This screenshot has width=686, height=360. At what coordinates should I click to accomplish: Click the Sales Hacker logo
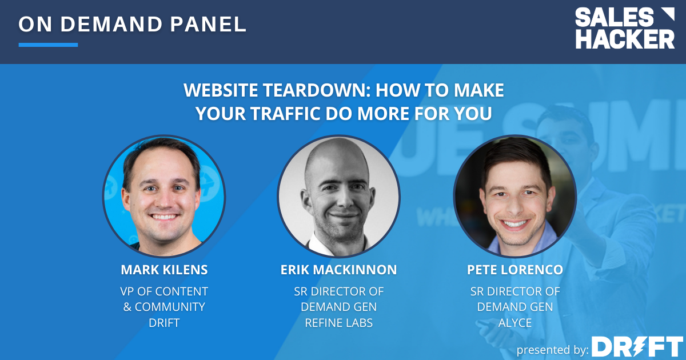tap(625, 28)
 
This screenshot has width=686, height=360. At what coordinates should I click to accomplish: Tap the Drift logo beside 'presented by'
tap(637, 346)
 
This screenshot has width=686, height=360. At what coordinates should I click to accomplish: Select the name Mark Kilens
tap(164, 270)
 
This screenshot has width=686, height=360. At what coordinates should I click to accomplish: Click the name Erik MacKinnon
tap(338, 270)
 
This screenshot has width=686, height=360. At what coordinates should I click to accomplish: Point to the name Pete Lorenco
tap(515, 270)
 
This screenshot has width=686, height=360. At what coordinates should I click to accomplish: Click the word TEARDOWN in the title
tap(317, 90)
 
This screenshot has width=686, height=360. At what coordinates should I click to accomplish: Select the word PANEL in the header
tap(208, 24)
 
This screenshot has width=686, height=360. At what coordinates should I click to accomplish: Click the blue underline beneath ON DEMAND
tap(48, 45)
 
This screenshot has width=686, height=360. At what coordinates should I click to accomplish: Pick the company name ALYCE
tap(515, 323)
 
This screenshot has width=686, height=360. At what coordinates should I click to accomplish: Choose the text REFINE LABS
tap(338, 323)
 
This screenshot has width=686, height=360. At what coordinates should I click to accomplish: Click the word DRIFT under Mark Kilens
tap(164, 323)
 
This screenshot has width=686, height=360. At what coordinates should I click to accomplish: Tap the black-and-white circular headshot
tap(338, 196)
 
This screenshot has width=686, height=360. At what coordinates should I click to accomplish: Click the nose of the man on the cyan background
tap(165, 201)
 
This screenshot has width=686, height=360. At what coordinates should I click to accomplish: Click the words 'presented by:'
tap(552, 350)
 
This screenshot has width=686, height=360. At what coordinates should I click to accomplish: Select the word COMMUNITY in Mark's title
tap(170, 307)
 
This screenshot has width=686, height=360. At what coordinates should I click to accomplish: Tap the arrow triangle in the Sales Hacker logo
tap(668, 14)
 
